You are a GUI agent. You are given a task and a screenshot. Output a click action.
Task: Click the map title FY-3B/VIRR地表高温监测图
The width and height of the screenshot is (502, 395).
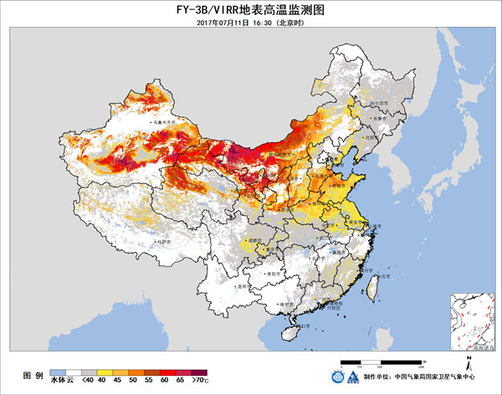click(250, 8)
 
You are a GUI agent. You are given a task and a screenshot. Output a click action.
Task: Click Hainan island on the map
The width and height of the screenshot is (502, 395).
click(291, 332)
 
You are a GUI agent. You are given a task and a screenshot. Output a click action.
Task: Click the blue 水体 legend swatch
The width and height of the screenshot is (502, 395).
click(58, 370)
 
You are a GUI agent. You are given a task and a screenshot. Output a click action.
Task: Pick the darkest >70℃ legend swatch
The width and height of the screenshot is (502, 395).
click(199, 370)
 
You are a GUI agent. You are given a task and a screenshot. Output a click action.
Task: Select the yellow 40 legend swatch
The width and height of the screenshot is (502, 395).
click(105, 370)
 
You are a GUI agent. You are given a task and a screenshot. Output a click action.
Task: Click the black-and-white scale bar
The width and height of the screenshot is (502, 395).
click(390, 362)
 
